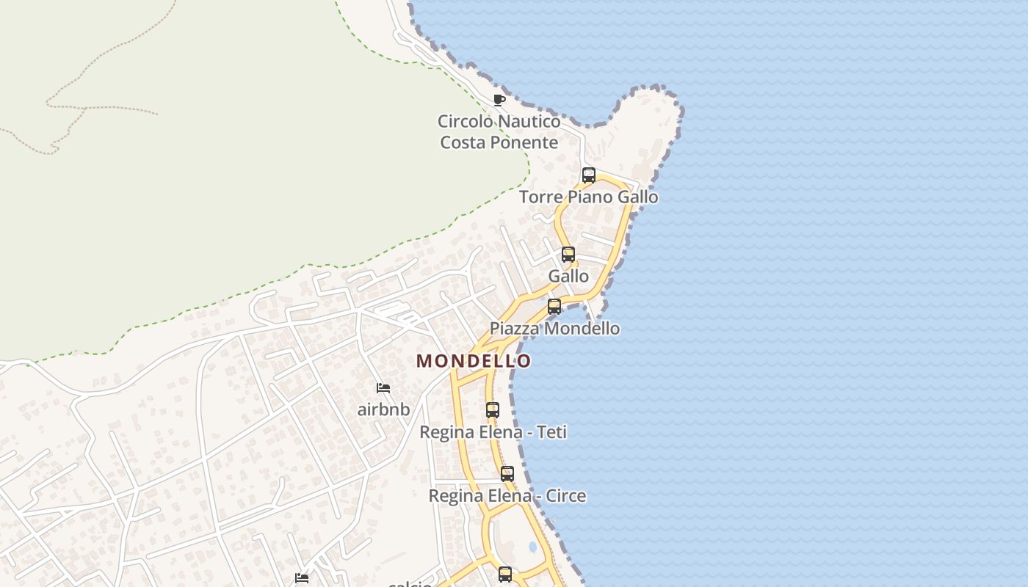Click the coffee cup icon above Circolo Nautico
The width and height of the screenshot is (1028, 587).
(x=499, y=100)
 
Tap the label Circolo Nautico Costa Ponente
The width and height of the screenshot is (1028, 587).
(x=499, y=131)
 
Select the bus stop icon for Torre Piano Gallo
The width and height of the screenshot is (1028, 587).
(x=589, y=175)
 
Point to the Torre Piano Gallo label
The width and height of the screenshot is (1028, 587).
(x=589, y=197)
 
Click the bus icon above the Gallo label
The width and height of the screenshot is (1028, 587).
(x=568, y=255)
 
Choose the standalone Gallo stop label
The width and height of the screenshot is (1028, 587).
(x=568, y=276)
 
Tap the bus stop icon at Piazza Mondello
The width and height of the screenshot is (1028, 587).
(x=554, y=307)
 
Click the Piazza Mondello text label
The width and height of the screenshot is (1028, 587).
(x=554, y=328)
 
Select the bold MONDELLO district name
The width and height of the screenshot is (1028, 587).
(x=474, y=361)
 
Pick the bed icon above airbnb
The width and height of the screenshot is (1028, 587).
(x=383, y=388)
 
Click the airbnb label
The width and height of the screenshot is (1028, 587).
(x=383, y=409)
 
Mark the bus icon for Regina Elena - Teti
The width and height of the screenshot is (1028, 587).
(x=493, y=410)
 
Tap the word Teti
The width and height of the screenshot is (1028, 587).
(x=552, y=432)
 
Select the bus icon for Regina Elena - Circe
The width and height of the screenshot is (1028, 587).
(x=507, y=474)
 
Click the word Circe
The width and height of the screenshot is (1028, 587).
(x=565, y=496)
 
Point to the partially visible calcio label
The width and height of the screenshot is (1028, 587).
(x=410, y=584)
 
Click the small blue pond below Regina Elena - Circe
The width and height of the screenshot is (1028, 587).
(x=532, y=547)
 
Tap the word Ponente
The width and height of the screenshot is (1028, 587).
(x=526, y=142)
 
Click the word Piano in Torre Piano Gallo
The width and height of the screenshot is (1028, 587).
(x=590, y=197)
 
